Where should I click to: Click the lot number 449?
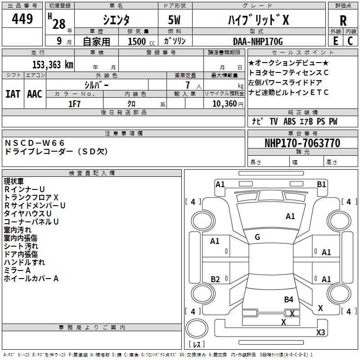22,19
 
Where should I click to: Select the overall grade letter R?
343,21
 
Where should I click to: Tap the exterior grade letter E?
335,40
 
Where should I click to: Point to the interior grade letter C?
350,40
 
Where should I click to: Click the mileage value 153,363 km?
52,65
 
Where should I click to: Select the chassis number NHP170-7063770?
302,143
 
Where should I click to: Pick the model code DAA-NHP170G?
257,41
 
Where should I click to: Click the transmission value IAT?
13,94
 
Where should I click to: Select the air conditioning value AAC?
34,94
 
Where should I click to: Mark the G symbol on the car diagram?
257,237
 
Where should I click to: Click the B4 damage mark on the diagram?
288,299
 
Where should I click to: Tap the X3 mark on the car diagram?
320,333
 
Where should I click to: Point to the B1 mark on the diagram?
321,184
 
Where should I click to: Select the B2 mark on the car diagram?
215,279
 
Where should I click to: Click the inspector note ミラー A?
17,270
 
